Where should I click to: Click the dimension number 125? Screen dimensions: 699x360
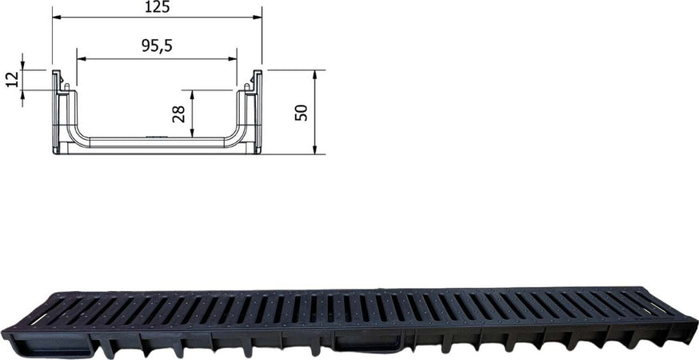pos(157,6)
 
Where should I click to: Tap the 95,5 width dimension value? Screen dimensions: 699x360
pos(157,46)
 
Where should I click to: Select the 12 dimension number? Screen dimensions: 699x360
pos(14,79)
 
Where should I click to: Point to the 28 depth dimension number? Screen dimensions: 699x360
pos(178,114)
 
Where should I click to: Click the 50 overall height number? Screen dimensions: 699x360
pos(302,113)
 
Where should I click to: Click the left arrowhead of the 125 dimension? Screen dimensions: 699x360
pos(57,18)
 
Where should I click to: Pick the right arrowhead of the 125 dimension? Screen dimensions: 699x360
pos(258,18)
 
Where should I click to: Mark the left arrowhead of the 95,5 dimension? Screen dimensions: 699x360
pos(81,58)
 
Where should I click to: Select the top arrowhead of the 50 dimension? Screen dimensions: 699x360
pos(315,74)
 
